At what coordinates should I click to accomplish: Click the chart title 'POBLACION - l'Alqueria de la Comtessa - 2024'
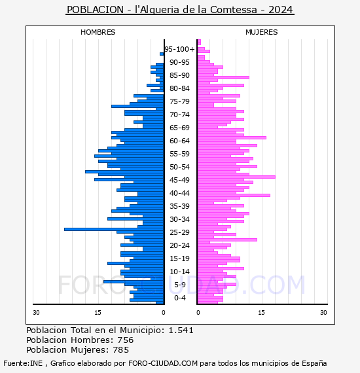pyautogui.click(x=180, y=10)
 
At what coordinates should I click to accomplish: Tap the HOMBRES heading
pyautogui.click(x=98, y=32)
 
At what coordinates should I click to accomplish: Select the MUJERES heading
pyautogui.click(x=262, y=32)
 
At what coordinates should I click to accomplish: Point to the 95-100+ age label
pyautogui.click(x=179, y=49)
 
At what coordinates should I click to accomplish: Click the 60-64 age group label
pyautogui.click(x=179, y=141)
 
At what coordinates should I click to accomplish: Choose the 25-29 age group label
pyautogui.click(x=179, y=232)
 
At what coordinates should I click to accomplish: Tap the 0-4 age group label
pyautogui.click(x=180, y=298)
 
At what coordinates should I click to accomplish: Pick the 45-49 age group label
pyautogui.click(x=179, y=180)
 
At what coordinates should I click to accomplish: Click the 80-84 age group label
pyautogui.click(x=179, y=88)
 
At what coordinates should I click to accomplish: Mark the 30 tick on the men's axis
pyautogui.click(x=36, y=313)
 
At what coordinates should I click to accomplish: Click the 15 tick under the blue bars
pyautogui.click(x=98, y=313)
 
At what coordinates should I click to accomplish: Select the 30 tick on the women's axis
pyautogui.click(x=323, y=313)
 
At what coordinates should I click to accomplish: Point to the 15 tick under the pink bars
pyautogui.click(x=262, y=313)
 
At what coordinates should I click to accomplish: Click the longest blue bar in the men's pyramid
pyautogui.click(x=114, y=229)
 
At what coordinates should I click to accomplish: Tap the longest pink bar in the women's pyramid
pyautogui.click(x=236, y=177)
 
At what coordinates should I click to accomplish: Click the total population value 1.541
pyautogui.click(x=181, y=330)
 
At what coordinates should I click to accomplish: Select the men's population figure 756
pyautogui.click(x=126, y=340)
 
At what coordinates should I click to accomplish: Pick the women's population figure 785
pyautogui.click(x=121, y=350)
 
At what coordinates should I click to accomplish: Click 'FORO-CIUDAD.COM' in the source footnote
pyautogui.click(x=163, y=363)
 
